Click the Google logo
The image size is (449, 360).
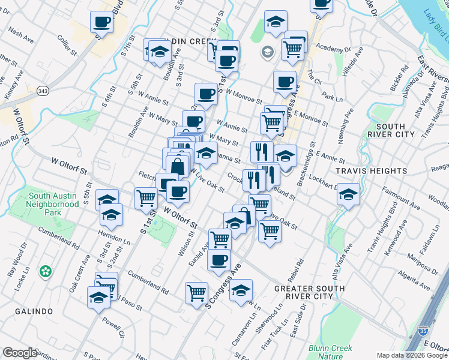[x=20, y=353]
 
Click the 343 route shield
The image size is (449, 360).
[x=42, y=91]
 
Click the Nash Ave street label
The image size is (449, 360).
[x=20, y=37]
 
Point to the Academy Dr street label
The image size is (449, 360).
[x=332, y=49]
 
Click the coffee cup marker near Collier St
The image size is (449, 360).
[x=101, y=23]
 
